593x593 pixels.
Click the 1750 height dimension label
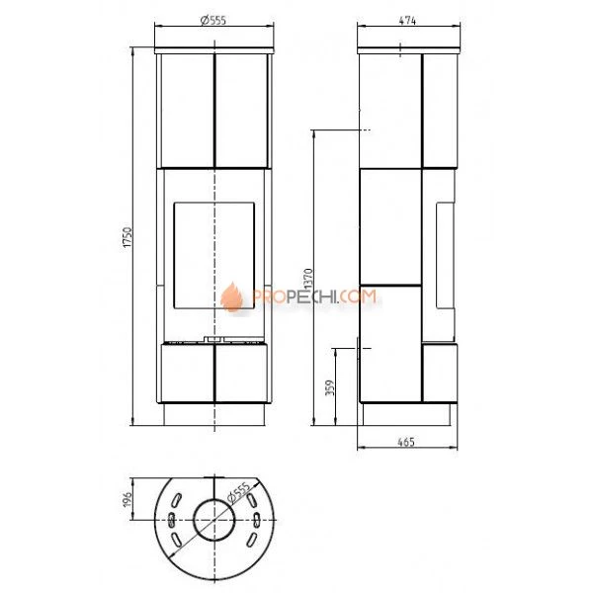click(x=127, y=237)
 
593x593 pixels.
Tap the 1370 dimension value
click(x=308, y=280)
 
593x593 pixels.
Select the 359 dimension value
click(x=330, y=388)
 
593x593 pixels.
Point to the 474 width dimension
click(x=407, y=21)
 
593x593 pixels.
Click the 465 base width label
click(x=406, y=442)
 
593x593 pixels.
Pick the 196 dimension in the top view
click(x=127, y=499)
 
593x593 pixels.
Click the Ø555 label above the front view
click(x=213, y=20)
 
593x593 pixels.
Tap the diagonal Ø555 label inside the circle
click(x=238, y=493)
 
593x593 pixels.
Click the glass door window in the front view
click(x=214, y=256)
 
